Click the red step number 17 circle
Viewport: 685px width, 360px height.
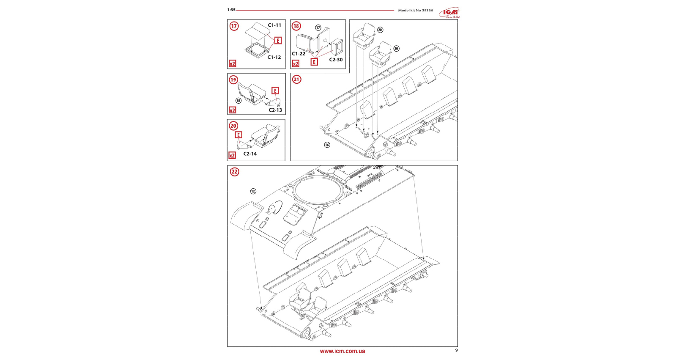pyautogui.click(x=234, y=26)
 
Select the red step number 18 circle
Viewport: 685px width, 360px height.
pyautogui.click(x=296, y=26)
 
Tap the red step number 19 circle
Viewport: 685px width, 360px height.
pyautogui.click(x=233, y=80)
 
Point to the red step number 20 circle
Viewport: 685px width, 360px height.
pyautogui.click(x=233, y=126)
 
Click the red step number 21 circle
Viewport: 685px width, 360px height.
pyautogui.click(x=296, y=80)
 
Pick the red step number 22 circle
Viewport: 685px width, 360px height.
pyautogui.click(x=234, y=172)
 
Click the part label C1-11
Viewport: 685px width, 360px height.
pyautogui.click(x=274, y=25)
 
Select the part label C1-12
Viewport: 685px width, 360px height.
pyautogui.click(x=274, y=57)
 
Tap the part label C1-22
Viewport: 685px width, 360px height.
pyautogui.click(x=299, y=54)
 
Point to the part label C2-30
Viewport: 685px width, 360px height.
pyautogui.click(x=336, y=60)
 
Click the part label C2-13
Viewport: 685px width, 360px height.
pyautogui.click(x=275, y=110)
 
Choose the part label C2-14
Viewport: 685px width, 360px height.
pyautogui.click(x=250, y=154)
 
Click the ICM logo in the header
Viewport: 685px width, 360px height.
pyautogui.click(x=449, y=12)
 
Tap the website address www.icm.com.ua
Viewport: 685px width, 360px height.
pyautogui.click(x=342, y=351)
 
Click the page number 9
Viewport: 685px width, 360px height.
pyautogui.click(x=456, y=350)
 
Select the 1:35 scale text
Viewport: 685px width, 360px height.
pyautogui.click(x=231, y=10)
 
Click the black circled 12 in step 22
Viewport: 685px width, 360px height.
pyautogui.click(x=253, y=191)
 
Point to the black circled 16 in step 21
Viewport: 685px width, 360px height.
pyautogui.click(x=327, y=145)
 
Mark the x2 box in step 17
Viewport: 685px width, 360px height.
pyautogui.click(x=232, y=64)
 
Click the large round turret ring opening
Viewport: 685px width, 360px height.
pyautogui.click(x=318, y=190)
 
